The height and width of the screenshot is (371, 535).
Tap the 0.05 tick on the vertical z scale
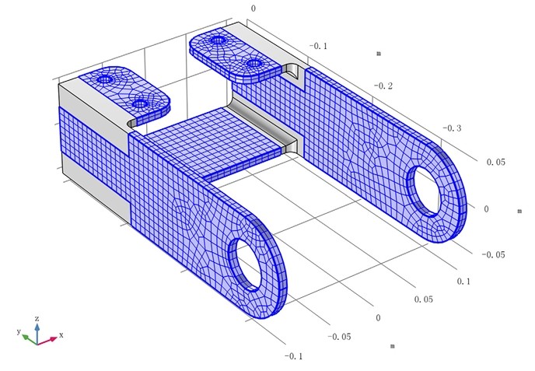pyautogui.click(x=496, y=163)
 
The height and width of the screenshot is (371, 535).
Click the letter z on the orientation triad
pyautogui.click(x=37, y=318)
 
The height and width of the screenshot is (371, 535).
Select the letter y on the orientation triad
pyautogui.click(x=18, y=331)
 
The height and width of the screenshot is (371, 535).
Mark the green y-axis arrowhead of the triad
pyautogui.click(x=25, y=337)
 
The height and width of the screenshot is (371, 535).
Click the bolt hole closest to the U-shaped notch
pyautogui.click(x=254, y=63)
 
